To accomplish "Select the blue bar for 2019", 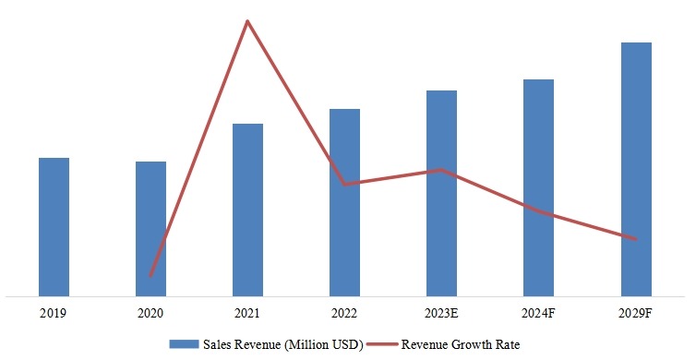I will (54, 226).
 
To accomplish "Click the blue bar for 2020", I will (150, 228).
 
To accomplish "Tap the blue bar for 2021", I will (247, 210).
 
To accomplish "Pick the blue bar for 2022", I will (344, 202).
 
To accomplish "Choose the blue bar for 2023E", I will (441, 193).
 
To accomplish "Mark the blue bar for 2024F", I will (538, 187).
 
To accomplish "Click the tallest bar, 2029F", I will (636, 169).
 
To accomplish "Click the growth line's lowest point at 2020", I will (150, 275).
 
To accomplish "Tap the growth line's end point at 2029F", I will (636, 239).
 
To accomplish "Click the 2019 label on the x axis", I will (54, 314).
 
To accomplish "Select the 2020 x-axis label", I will (150, 314).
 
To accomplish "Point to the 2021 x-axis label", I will (247, 314).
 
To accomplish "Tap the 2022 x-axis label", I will (344, 314).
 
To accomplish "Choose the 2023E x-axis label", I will (441, 314).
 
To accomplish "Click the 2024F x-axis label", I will (538, 314).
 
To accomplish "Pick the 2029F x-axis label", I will (636, 314).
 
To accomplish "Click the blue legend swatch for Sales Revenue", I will (186, 344).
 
